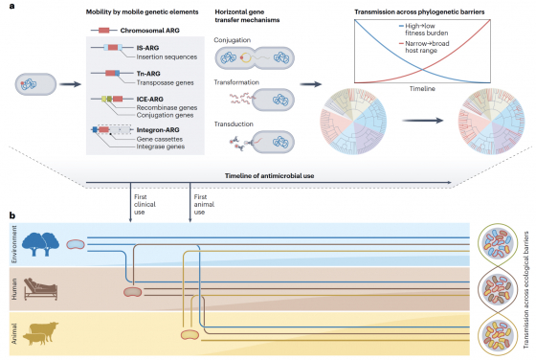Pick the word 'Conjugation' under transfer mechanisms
coord(234,39)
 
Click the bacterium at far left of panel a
coord(30,84)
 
